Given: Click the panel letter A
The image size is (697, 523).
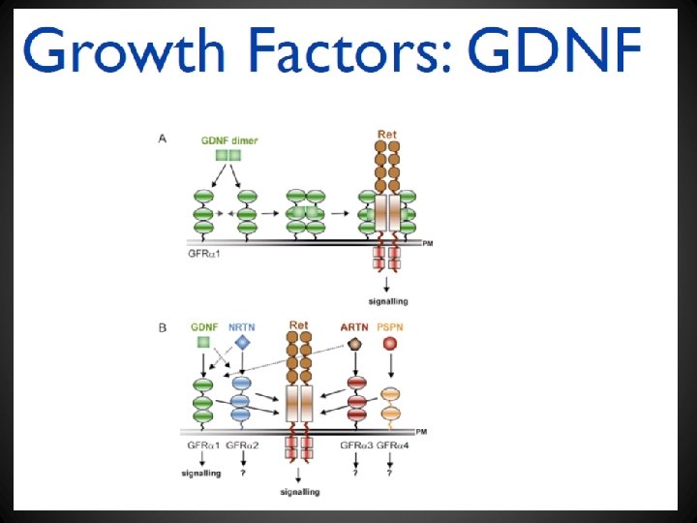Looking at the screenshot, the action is click(163, 138).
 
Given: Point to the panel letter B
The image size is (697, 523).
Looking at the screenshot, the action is click(163, 327).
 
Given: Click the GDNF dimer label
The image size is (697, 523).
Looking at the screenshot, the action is click(229, 140).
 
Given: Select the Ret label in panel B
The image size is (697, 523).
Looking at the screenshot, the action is click(298, 324).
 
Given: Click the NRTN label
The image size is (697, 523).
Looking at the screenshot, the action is click(242, 327).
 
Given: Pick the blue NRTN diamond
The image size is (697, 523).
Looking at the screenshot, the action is click(242, 344).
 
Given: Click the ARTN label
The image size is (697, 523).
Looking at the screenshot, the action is click(353, 327).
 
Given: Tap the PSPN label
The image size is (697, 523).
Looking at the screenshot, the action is click(390, 327).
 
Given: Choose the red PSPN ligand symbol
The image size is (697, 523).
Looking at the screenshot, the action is click(390, 344).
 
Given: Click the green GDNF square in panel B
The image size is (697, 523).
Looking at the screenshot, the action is click(203, 344).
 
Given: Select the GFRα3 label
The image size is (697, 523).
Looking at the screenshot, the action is click(355, 445).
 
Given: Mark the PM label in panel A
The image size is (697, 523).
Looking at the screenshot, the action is click(427, 245).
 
